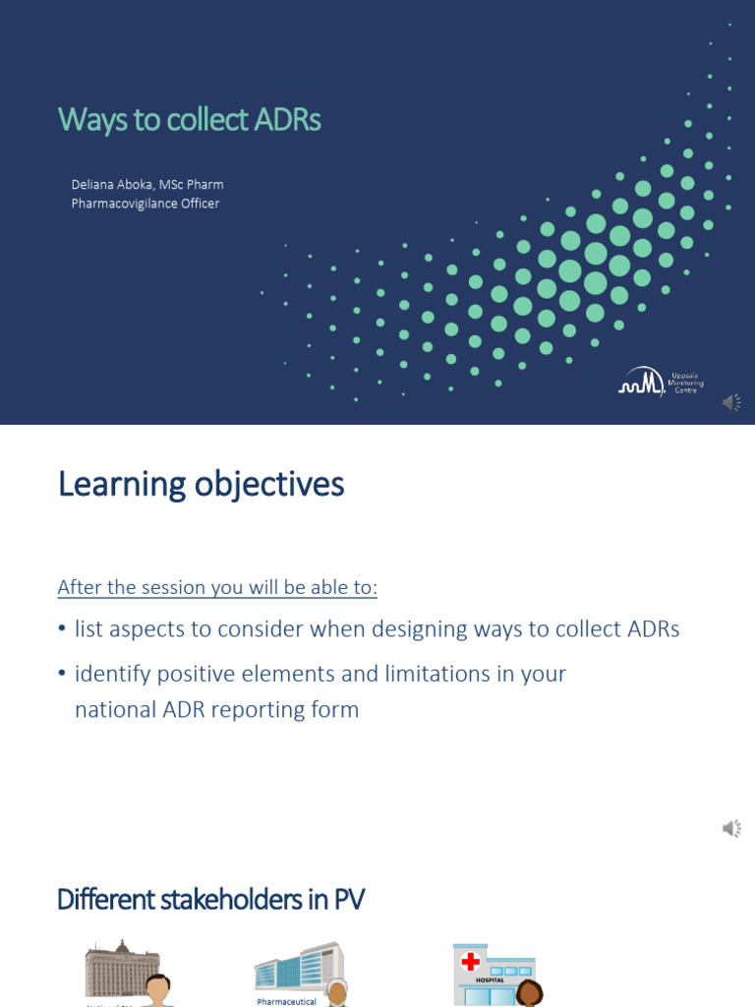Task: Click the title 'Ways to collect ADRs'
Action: (190, 120)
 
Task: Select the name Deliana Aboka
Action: (111, 184)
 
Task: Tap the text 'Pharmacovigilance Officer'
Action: (145, 204)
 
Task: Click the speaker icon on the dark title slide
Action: (732, 402)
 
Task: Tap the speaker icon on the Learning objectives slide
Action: (732, 829)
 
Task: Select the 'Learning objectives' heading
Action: (201, 485)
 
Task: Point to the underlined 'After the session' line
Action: (217, 587)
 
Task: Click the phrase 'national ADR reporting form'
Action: (216, 709)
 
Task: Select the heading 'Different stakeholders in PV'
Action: (210, 899)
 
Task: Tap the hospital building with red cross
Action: (493, 974)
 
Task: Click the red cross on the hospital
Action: (471, 962)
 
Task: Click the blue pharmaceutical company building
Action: (298, 968)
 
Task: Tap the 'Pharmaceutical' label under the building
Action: (287, 1001)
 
